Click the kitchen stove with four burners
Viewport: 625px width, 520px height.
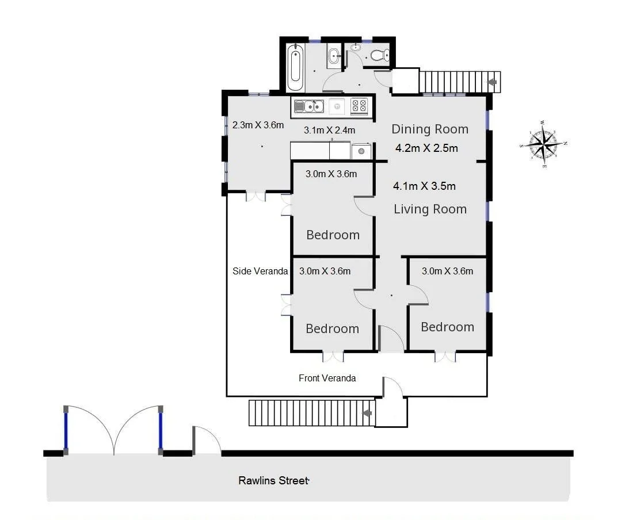pyautogui.click(x=359, y=106)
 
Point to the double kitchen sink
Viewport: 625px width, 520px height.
pyautogui.click(x=309, y=106)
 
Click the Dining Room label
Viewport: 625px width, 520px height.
pyautogui.click(x=430, y=129)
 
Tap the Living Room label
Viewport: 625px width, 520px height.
pyautogui.click(x=430, y=209)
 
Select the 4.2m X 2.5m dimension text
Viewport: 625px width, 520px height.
pyautogui.click(x=426, y=148)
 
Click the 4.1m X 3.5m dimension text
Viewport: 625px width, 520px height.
pyautogui.click(x=424, y=186)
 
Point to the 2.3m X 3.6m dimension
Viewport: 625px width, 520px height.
pyautogui.click(x=258, y=125)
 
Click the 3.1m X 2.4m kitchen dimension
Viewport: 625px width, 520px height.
pyautogui.click(x=329, y=130)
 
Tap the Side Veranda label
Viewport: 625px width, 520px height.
pyautogui.click(x=260, y=271)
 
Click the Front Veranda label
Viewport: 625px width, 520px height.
pyautogui.click(x=327, y=378)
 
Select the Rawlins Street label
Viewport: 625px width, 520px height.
pyautogui.click(x=273, y=480)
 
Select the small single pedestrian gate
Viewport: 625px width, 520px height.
pyautogui.click(x=206, y=440)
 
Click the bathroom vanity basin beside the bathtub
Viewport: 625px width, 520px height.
pyautogui.click(x=334, y=56)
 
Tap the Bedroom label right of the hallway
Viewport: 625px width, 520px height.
pyautogui.click(x=447, y=327)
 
